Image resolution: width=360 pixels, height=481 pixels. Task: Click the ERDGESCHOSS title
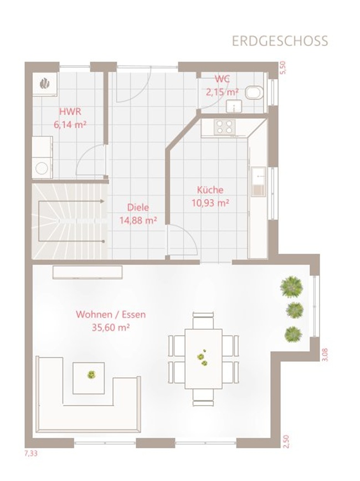pyautogui.click(x=280, y=41)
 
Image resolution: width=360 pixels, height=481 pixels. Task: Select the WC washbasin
pyautogui.click(x=234, y=106)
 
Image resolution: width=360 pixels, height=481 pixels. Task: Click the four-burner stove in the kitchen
pyautogui.click(x=224, y=127)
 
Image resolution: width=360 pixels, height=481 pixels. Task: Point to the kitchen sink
pyautogui.click(x=259, y=182)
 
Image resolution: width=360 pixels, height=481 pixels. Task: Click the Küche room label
pyautogui.click(x=210, y=190)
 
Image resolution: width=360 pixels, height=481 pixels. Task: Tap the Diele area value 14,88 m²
pyautogui.click(x=138, y=220)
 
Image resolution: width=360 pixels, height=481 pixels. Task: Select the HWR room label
pyautogui.click(x=70, y=111)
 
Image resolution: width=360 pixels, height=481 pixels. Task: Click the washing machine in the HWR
pyautogui.click(x=42, y=167)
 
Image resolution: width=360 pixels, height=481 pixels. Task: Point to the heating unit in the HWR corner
pyautogui.click(x=45, y=84)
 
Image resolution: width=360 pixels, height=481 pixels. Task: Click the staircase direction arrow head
pyautogui.click(x=102, y=201)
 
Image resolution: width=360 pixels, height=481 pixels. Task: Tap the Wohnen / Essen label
pyautogui.click(x=111, y=314)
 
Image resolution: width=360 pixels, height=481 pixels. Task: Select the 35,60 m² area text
pyautogui.click(x=111, y=328)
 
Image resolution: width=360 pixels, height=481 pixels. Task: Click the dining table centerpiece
pyautogui.click(x=202, y=357)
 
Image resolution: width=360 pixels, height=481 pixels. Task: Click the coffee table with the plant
pyautogui.click(x=89, y=378)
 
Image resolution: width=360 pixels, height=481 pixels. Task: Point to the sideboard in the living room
pyautogui.click(x=88, y=273)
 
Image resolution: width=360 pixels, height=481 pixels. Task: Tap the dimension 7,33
pyautogui.click(x=30, y=453)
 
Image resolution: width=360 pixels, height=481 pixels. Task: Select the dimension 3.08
pyautogui.click(x=325, y=355)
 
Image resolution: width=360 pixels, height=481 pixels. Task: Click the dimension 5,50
pyautogui.click(x=282, y=68)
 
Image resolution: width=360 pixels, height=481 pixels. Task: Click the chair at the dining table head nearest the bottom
pyautogui.click(x=203, y=398)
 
